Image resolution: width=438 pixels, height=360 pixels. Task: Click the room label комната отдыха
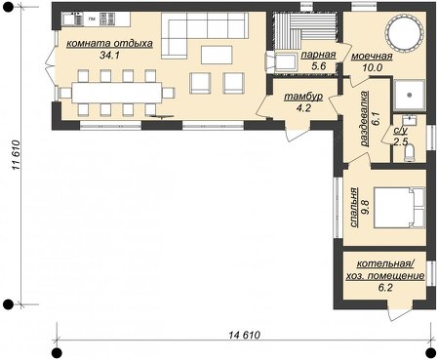coord(109,44)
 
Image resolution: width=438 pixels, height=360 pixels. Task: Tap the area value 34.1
coord(109,56)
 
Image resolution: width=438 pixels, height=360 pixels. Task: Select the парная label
coord(318,55)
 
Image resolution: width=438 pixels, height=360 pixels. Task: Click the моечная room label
coord(372,56)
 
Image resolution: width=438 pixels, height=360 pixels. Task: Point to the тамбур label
coord(303,97)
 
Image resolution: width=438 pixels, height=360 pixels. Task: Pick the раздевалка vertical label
coord(365,118)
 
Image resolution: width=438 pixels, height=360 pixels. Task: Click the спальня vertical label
coord(354,207)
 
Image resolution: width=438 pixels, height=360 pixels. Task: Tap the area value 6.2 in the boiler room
coord(385,288)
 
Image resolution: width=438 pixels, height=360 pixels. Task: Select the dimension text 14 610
coord(245,335)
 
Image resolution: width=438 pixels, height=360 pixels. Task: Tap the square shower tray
coord(410,95)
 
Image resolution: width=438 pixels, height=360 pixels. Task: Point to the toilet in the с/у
coord(409,153)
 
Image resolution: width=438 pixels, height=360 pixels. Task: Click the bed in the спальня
coord(400,207)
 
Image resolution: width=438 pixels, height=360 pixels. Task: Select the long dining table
coord(116,93)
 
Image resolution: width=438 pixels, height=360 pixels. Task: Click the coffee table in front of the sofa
coord(217,55)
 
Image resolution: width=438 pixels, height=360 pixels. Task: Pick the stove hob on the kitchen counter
coord(107,20)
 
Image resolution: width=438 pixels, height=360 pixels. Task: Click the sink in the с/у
coord(409,120)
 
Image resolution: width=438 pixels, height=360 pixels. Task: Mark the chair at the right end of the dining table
coord(168,93)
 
